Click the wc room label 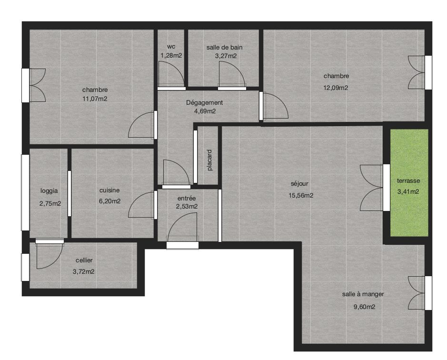pos(171,47)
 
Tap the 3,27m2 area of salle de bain pos(226,56)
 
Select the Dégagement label pos(204,102)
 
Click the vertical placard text pos(210,160)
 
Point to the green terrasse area pos(409,182)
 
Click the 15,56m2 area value pos(301,195)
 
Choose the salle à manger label pos(363,294)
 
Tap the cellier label pos(84,260)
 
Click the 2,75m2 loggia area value pos(50,203)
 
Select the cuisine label pos(109,190)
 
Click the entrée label pos(187,198)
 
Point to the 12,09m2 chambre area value pos(336,88)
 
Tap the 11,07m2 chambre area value pos(95,99)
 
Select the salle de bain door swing pos(232,74)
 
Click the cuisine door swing pos(141,205)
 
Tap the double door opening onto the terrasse pos(371,188)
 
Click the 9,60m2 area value pos(364,307)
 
